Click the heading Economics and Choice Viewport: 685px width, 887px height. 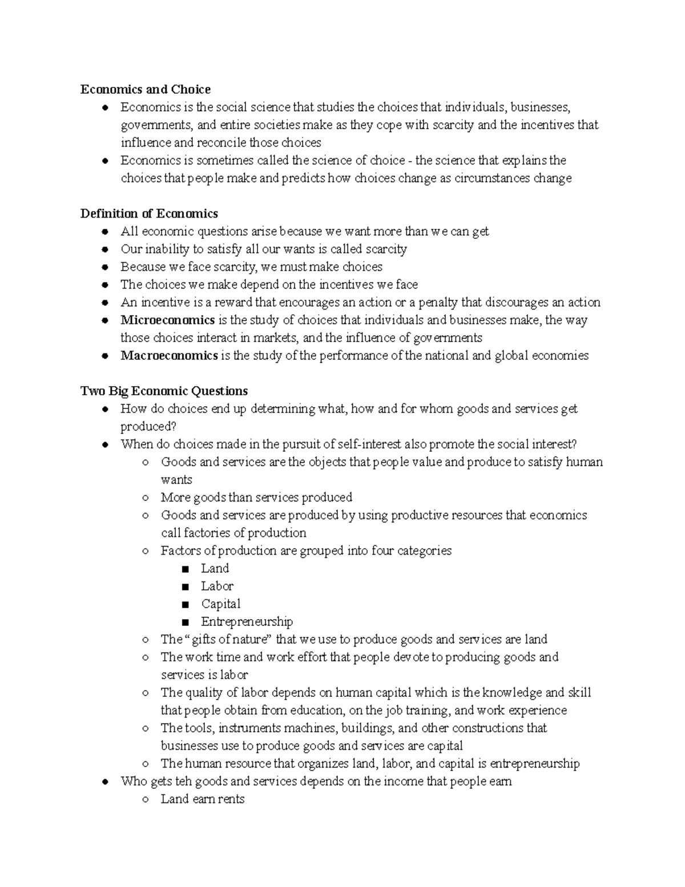click(x=146, y=89)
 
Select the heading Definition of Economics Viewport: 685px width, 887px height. click(x=149, y=214)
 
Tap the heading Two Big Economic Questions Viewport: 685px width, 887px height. click(x=164, y=391)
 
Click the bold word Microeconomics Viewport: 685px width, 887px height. click(x=167, y=320)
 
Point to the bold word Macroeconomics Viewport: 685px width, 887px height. click(x=169, y=355)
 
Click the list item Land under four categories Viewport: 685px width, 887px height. click(x=215, y=568)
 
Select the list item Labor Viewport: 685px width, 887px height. click(x=217, y=586)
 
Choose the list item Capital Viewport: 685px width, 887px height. click(x=220, y=604)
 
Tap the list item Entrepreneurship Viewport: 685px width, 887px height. click(x=247, y=621)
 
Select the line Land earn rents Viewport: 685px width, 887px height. click(x=202, y=798)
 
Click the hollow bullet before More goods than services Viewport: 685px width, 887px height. click(x=146, y=497)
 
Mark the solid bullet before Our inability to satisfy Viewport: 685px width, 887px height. click(x=105, y=250)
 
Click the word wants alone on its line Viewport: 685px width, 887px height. click(x=176, y=480)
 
